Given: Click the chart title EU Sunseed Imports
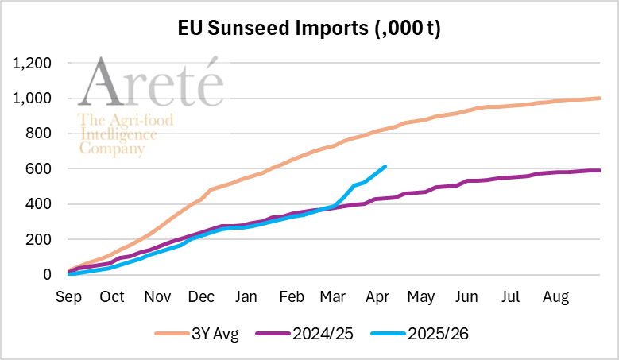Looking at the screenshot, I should coord(309,30).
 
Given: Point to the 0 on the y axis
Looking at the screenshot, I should coord(48,275).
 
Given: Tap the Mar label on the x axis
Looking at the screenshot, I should coord(332,297).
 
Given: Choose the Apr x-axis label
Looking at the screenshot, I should coord(377,297).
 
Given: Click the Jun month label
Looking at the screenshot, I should coord(466,297).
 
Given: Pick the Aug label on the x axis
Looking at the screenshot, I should coord(555,297).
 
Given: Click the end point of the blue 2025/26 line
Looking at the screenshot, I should coord(385,166).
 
